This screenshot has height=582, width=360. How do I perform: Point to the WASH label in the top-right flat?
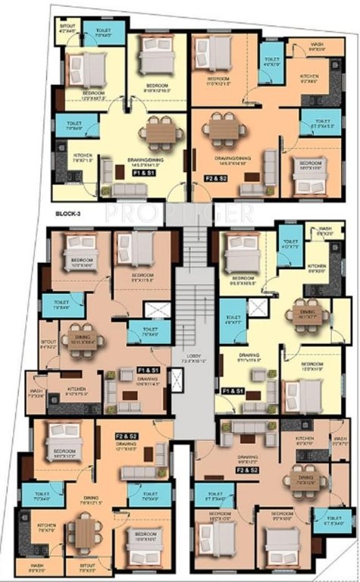click(318, 48)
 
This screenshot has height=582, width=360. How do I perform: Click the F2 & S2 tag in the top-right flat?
click(214, 178)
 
